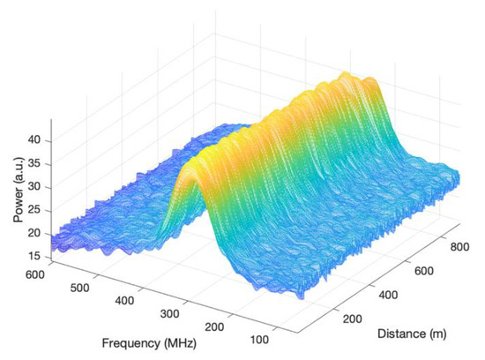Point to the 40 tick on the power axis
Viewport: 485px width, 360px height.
[39, 140]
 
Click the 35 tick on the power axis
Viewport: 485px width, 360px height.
[39, 163]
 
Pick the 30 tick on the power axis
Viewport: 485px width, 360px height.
[39, 186]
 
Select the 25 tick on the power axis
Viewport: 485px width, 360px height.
[39, 210]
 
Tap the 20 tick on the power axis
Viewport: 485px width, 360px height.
[39, 233]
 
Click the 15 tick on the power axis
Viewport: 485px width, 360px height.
[39, 256]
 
